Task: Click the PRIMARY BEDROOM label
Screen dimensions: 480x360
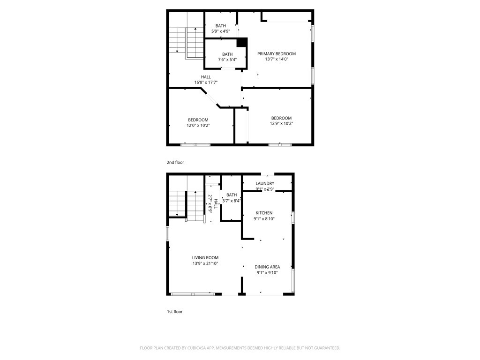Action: pyautogui.click(x=277, y=54)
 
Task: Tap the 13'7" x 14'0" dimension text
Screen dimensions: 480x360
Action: pyautogui.click(x=277, y=60)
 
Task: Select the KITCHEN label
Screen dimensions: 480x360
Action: pyautogui.click(x=264, y=213)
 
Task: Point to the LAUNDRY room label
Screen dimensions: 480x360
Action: pyautogui.click(x=265, y=183)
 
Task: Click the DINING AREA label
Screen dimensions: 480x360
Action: pyautogui.click(x=267, y=267)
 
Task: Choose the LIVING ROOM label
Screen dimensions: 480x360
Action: pyautogui.click(x=205, y=258)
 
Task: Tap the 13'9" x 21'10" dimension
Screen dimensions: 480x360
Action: pyautogui.click(x=205, y=263)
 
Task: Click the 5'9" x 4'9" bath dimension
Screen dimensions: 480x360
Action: pyautogui.click(x=221, y=31)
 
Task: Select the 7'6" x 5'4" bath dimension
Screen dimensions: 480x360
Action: pyautogui.click(x=227, y=60)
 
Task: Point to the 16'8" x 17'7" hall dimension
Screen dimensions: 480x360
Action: pyautogui.click(x=206, y=82)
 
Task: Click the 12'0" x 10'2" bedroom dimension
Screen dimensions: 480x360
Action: pyautogui.click(x=198, y=125)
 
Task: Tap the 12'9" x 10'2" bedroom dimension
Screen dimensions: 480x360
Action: pyautogui.click(x=281, y=124)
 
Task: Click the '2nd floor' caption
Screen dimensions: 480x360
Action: pyautogui.click(x=175, y=163)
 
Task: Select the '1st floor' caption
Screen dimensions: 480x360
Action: pyautogui.click(x=175, y=312)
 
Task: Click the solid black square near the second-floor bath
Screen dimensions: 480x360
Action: pyautogui.click(x=242, y=42)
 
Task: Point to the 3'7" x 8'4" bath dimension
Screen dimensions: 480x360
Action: pyautogui.click(x=232, y=201)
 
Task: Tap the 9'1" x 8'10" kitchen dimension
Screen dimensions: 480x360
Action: pyautogui.click(x=264, y=219)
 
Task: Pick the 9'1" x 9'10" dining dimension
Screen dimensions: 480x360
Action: pyautogui.click(x=267, y=273)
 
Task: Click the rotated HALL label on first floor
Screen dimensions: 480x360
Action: pyautogui.click(x=216, y=204)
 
